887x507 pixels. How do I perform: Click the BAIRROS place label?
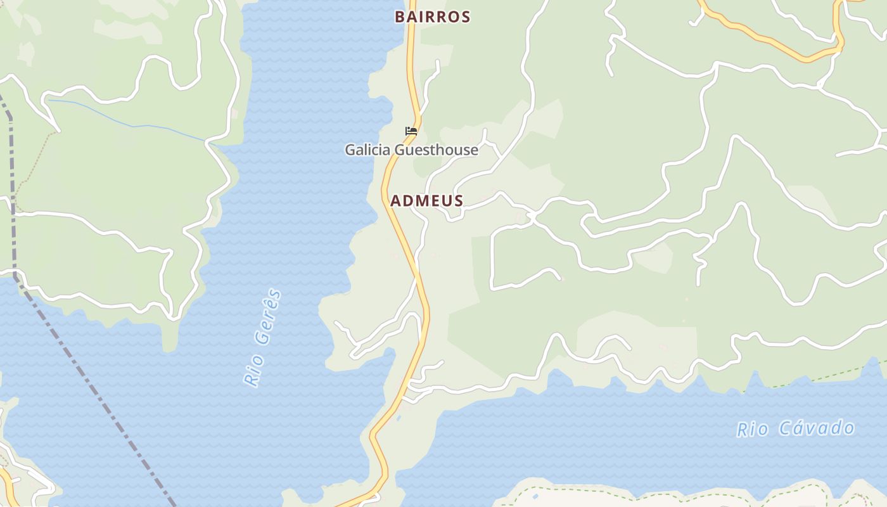pyautogui.click(x=432, y=17)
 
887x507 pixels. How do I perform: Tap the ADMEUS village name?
pyautogui.click(x=426, y=201)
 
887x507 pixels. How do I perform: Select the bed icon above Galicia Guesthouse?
pyautogui.click(x=411, y=131)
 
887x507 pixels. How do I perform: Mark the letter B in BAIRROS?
pyautogui.click(x=400, y=17)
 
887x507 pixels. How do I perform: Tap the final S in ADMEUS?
pyautogui.click(x=458, y=201)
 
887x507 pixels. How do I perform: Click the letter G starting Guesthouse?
pyautogui.click(x=400, y=150)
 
